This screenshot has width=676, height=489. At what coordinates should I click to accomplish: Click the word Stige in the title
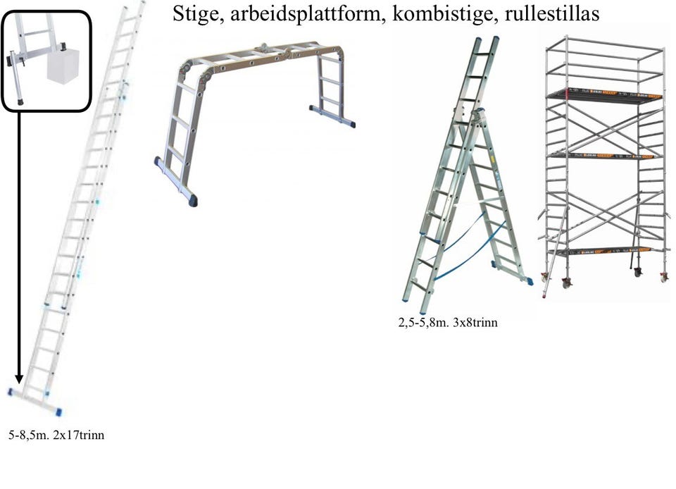[x=194, y=14]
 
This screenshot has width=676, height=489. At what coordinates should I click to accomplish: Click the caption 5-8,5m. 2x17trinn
[x=56, y=435]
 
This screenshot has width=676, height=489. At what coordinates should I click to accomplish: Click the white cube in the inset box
[x=65, y=67]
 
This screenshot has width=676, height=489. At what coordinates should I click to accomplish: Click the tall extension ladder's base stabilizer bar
[x=35, y=402]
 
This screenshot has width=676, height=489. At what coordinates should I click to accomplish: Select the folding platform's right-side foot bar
[x=332, y=116]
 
